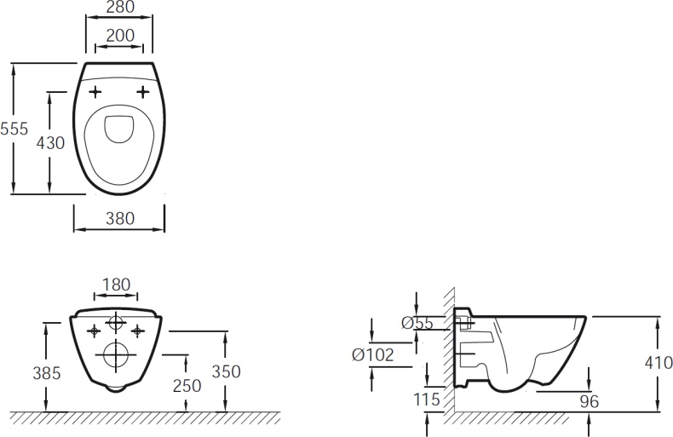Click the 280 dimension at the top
point(119,9)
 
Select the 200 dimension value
point(118,36)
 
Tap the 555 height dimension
point(14,129)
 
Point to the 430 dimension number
point(50,142)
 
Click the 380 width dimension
point(119,218)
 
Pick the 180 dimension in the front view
point(115,284)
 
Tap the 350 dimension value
point(226,371)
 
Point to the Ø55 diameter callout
point(417,323)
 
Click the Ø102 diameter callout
point(372,354)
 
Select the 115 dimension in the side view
point(426,399)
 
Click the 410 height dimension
point(658,363)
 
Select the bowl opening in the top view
point(118,129)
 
